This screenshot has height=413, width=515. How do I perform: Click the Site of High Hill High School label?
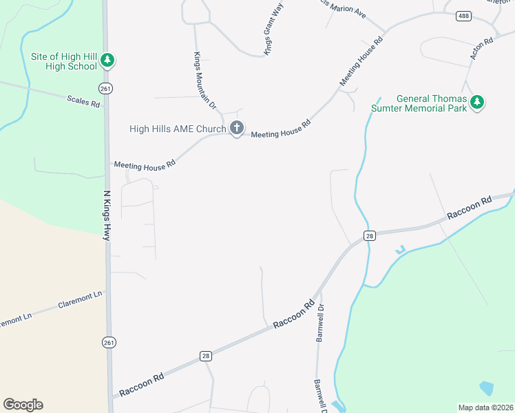click(62, 61)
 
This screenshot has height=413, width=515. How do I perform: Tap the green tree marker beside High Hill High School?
click(107, 61)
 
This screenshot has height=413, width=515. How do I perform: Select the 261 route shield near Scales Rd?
click(105, 89)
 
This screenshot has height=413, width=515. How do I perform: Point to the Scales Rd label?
click(83, 100)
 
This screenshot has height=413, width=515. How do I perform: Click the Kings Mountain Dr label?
click(205, 81)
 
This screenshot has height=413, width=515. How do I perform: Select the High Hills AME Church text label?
click(178, 129)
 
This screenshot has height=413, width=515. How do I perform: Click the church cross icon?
click(236, 128)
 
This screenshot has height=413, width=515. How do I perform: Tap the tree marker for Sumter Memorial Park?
click(477, 103)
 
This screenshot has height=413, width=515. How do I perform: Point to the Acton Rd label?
click(482, 49)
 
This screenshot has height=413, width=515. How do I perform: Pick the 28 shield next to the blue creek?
click(370, 235)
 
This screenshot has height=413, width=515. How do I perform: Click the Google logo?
click(23, 405)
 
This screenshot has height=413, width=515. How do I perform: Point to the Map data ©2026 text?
click(485, 407)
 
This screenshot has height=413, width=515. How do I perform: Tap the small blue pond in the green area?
click(485, 388)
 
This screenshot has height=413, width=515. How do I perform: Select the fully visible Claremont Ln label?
click(80, 299)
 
